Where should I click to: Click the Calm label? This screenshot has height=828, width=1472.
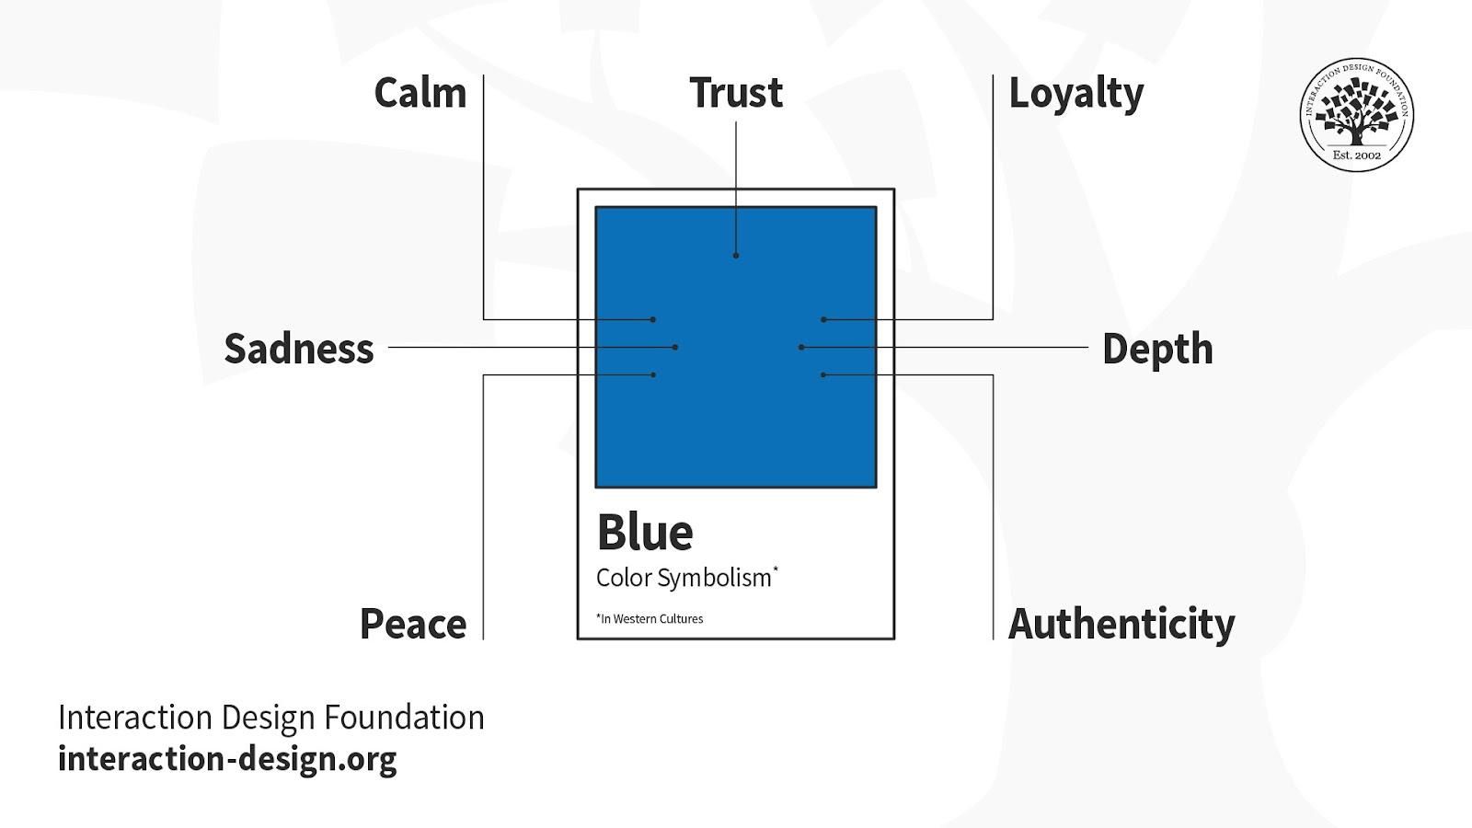tap(420, 93)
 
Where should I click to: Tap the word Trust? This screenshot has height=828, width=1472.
tap(736, 93)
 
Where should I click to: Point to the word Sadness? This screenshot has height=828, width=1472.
tap(299, 349)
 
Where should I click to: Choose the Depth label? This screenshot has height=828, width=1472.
tap(1158, 350)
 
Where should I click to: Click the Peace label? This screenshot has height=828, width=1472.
tap(413, 624)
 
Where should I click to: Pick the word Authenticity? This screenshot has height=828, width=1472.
tap(1121, 625)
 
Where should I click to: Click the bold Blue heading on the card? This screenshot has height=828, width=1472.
tap(645, 533)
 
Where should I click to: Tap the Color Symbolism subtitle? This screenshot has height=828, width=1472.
tap(686, 579)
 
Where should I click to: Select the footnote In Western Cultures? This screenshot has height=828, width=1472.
tap(650, 618)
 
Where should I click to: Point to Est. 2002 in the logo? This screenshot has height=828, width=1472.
tap(1357, 155)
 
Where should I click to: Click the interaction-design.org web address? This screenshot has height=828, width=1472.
tap(227, 760)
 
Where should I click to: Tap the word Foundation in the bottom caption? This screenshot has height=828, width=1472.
tap(404, 717)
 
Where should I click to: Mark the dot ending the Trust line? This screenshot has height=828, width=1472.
tap(736, 256)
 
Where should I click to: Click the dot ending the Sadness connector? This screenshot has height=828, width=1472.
tap(675, 347)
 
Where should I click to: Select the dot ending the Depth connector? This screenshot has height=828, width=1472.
tap(801, 347)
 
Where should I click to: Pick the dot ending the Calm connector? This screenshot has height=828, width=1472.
tap(653, 319)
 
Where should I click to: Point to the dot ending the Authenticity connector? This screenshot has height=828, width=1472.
tap(823, 374)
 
